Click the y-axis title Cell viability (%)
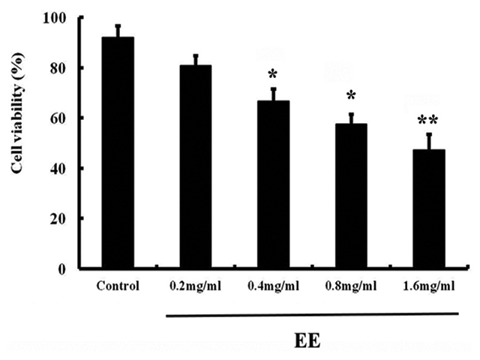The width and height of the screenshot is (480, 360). tap(16, 139)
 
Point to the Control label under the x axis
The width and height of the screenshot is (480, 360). tap(117, 286)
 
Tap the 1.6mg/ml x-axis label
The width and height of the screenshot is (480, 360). tap(429, 286)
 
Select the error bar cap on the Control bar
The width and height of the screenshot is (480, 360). tap(118, 25)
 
